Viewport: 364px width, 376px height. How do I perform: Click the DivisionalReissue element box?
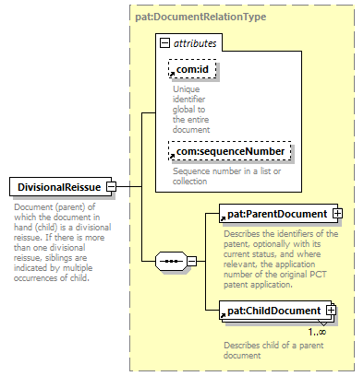(60, 186)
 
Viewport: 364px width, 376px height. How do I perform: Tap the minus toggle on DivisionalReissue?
(111, 186)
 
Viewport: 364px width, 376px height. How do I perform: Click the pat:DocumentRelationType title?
(200, 17)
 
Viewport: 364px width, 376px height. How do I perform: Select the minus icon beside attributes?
(164, 43)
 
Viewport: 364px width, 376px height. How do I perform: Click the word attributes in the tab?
(195, 43)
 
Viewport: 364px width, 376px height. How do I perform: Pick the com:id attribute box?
(192, 69)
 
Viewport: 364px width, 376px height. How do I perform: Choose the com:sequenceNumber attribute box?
(230, 151)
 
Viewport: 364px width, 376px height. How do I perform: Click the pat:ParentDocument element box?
(278, 214)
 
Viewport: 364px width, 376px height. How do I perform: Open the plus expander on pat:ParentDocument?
(337, 214)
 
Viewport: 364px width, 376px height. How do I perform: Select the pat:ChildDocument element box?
(275, 311)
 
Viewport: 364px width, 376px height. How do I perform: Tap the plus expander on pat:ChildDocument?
(331, 311)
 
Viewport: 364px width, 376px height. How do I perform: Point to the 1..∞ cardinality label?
(317, 332)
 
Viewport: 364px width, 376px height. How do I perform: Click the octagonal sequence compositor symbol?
(171, 261)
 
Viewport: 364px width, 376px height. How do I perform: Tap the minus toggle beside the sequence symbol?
(191, 261)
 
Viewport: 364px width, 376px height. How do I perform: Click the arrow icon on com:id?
(173, 74)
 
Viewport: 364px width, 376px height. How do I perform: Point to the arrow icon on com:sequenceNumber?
(173, 156)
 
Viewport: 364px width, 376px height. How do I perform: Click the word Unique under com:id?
(187, 89)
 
